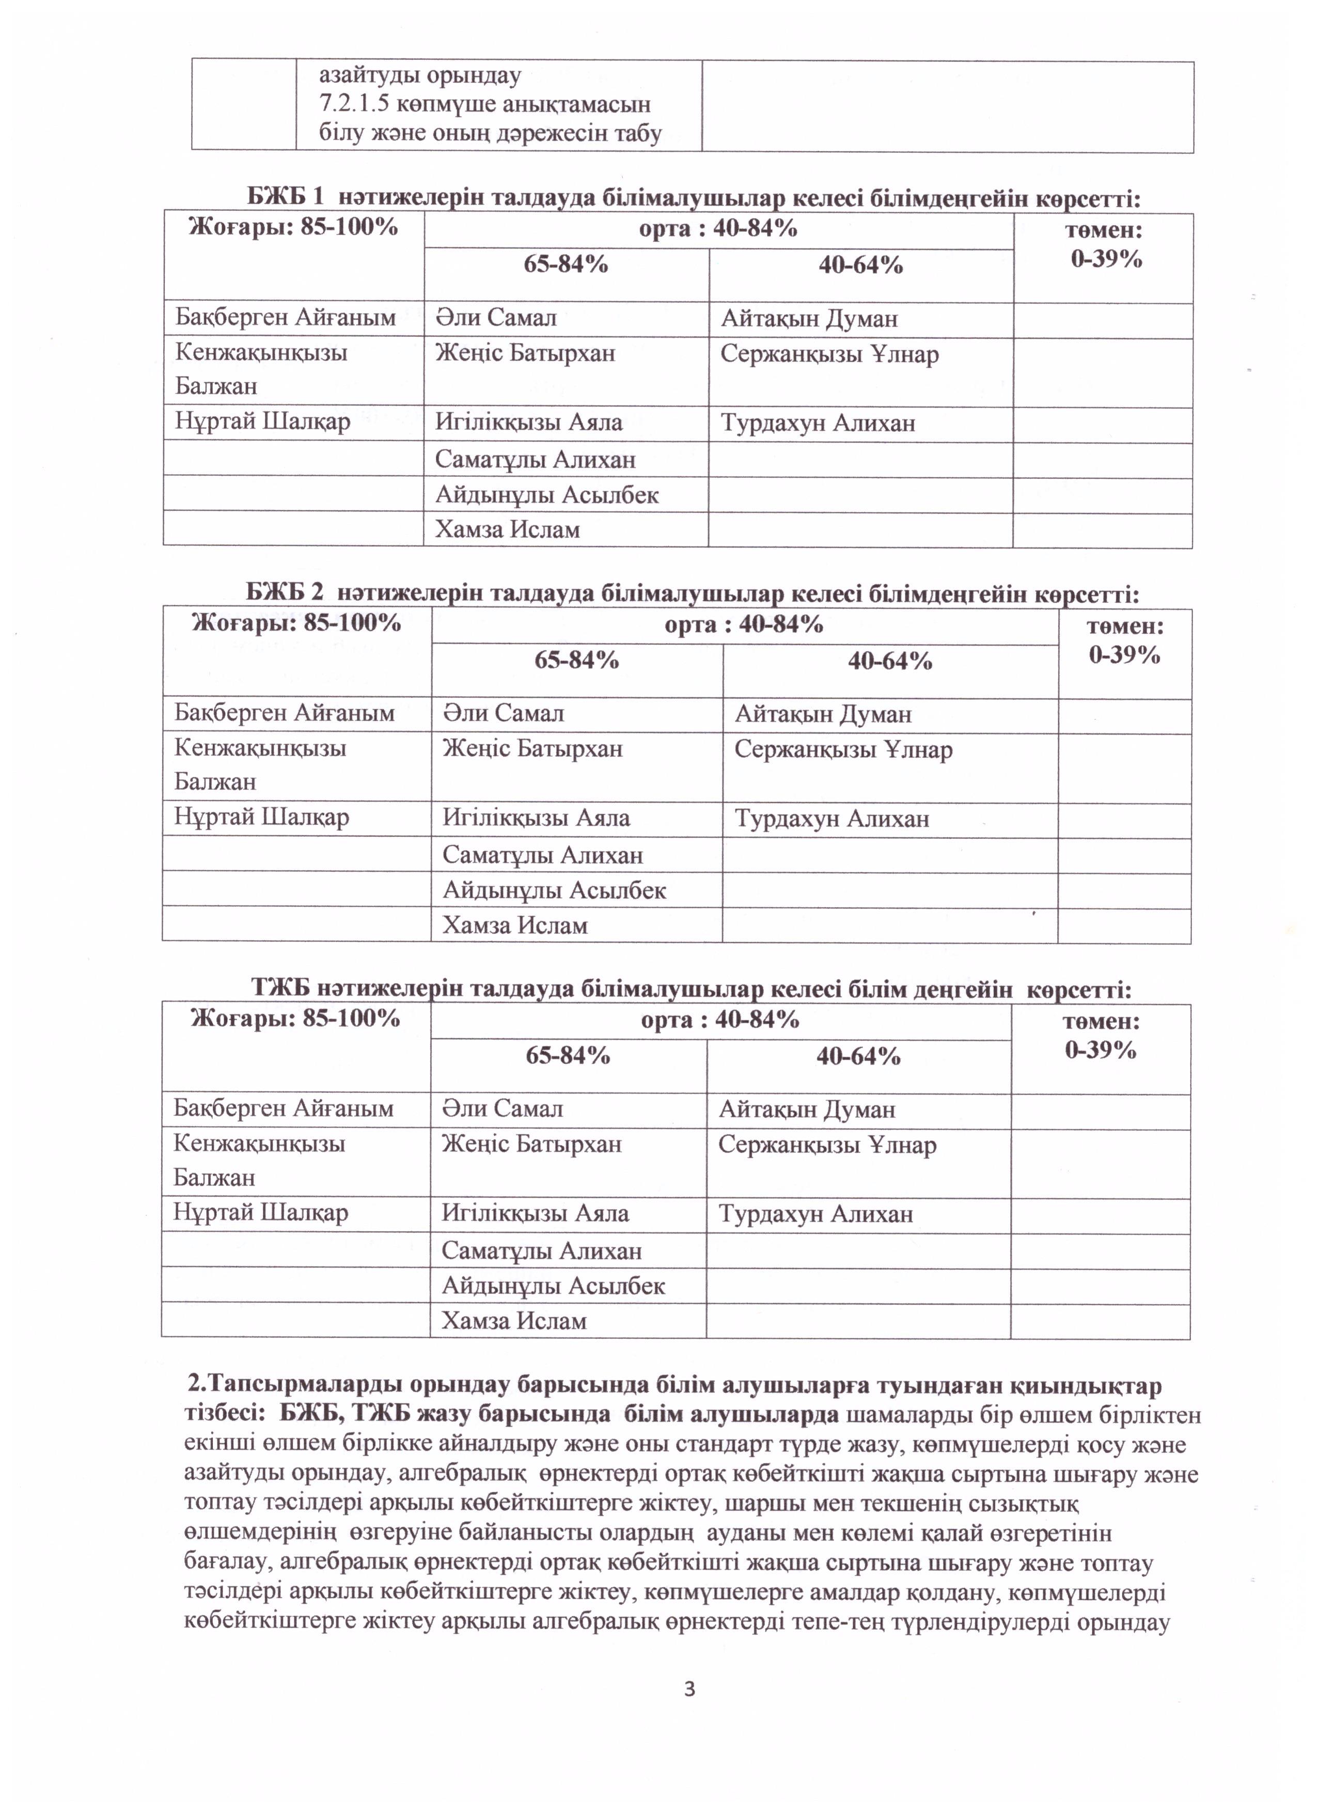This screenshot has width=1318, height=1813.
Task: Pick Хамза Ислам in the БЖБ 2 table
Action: pyautogui.click(x=515, y=925)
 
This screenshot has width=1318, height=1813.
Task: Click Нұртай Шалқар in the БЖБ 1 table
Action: pyautogui.click(x=262, y=421)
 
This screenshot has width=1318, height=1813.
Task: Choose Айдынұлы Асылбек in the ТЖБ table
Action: pyautogui.click(x=553, y=1286)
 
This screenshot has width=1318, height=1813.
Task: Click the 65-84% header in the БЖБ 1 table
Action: pyautogui.click(x=566, y=264)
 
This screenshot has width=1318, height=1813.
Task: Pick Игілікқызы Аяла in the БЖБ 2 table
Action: pyautogui.click(x=536, y=818)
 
